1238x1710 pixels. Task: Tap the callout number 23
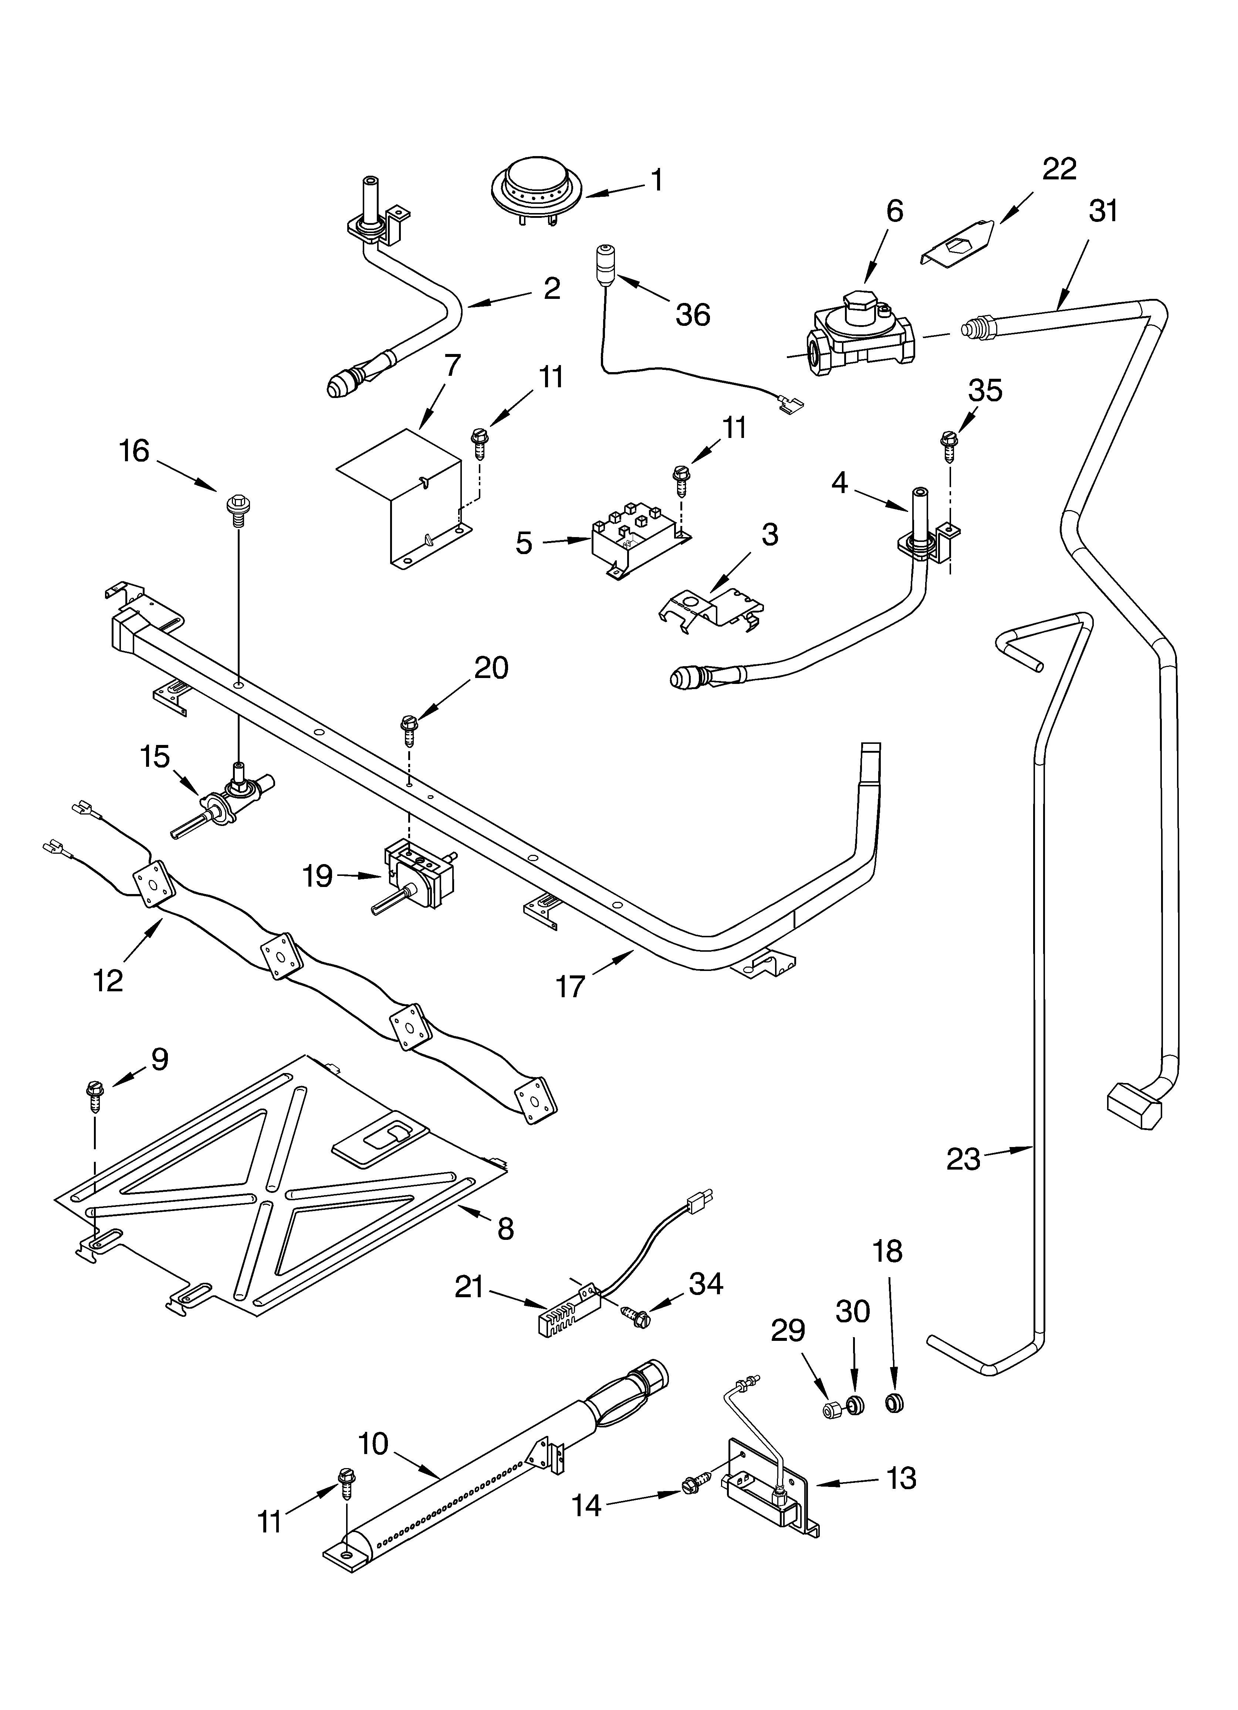click(964, 1159)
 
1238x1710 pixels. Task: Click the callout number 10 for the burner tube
click(372, 1443)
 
